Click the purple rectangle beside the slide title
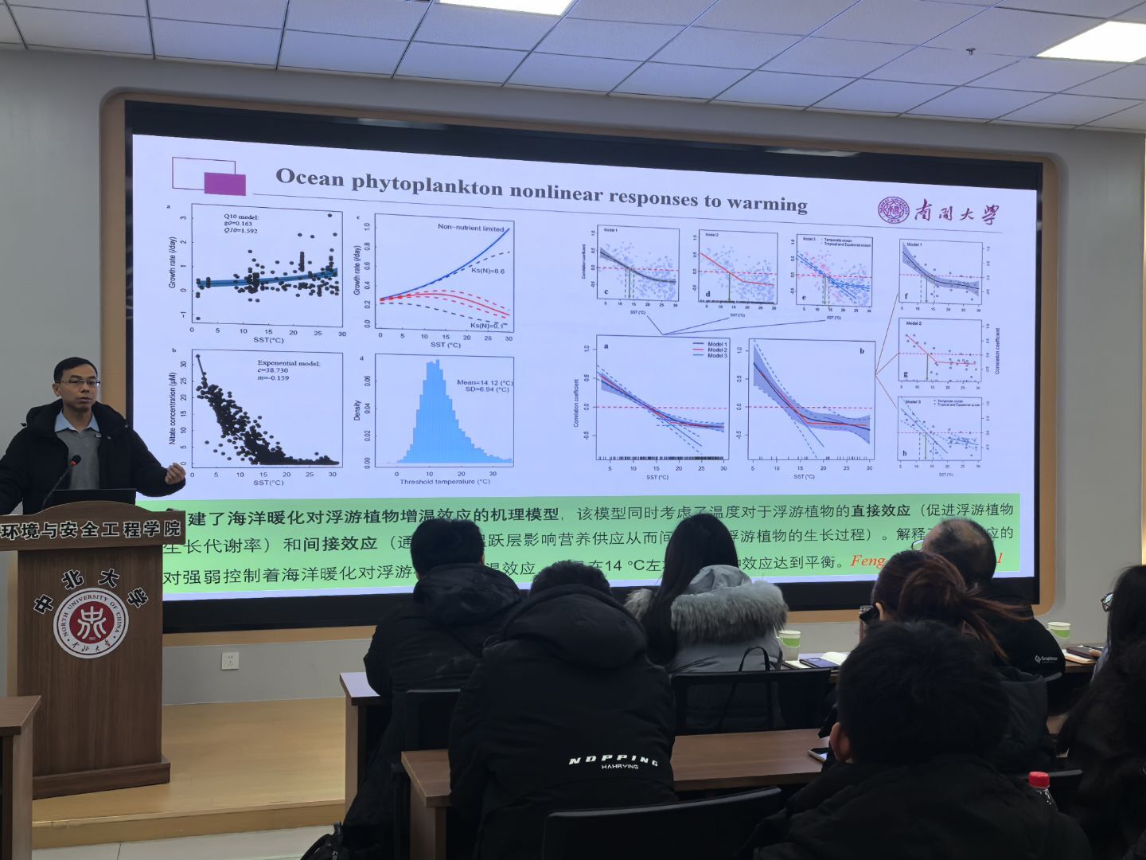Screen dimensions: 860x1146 [224, 183]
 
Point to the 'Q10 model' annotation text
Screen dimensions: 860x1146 [241, 217]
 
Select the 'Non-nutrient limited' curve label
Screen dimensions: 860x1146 [470, 228]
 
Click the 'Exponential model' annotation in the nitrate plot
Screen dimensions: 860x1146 [288, 363]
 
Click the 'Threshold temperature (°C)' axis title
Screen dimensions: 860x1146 [445, 482]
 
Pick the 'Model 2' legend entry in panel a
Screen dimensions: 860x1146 [716, 350]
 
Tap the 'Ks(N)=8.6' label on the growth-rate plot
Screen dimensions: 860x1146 [487, 272]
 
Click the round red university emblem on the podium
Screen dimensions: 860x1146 [90, 623]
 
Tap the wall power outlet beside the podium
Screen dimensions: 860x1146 [231, 661]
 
